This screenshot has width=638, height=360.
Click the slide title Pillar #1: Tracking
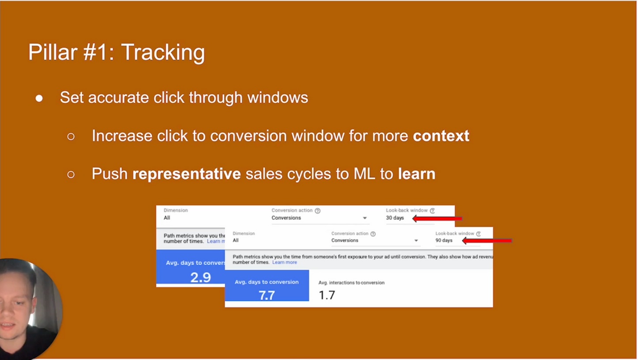coord(116,52)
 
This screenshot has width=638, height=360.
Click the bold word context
coord(441,136)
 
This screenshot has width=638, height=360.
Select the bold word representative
coord(186,174)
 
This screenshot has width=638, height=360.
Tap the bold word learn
coord(416,174)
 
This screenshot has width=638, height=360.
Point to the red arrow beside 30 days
coord(437,218)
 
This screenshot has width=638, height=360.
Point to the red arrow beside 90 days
coord(487,241)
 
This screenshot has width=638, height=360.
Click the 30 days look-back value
coord(395,218)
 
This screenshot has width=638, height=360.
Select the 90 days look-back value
coord(444,240)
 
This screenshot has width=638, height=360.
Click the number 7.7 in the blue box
coord(267,295)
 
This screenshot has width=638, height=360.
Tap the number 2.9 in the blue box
coord(200,277)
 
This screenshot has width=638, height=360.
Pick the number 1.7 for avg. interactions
coord(327,295)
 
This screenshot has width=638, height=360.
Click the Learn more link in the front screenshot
coord(284,262)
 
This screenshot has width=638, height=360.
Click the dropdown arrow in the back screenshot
coord(365,218)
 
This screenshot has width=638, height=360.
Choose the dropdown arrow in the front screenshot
coord(416,241)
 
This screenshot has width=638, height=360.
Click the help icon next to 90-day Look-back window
coord(478,234)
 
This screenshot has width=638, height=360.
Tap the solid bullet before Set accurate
coord(39,98)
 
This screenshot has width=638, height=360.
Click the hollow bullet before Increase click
coord(71,136)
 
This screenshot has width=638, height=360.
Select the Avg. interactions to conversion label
coord(351,283)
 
